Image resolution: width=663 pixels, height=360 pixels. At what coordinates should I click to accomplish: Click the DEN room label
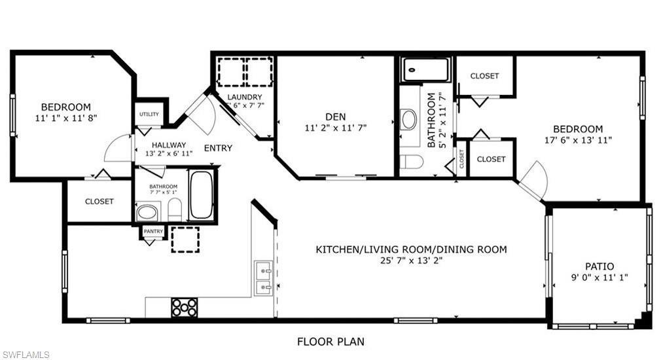click(335, 117)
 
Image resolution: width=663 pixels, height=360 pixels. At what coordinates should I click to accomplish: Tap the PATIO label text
click(599, 266)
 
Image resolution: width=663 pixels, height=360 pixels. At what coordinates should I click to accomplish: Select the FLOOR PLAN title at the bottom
click(331, 341)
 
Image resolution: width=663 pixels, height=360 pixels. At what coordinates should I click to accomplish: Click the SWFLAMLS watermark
click(26, 355)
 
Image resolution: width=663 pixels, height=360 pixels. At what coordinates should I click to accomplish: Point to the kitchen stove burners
click(184, 307)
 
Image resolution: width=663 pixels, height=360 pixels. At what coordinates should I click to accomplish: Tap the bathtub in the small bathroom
click(200, 194)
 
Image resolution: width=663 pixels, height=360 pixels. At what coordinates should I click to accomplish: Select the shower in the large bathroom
click(426, 69)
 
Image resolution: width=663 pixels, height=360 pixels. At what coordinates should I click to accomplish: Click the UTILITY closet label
click(149, 115)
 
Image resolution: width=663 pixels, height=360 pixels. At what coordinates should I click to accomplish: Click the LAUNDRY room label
click(244, 98)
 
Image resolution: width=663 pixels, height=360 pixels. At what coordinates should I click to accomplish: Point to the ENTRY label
click(218, 148)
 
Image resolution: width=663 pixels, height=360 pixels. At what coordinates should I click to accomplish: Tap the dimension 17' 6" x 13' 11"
click(577, 140)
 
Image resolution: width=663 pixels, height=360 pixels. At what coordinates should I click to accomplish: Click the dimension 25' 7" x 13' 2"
click(411, 261)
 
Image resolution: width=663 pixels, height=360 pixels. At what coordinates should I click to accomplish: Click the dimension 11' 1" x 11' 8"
click(65, 118)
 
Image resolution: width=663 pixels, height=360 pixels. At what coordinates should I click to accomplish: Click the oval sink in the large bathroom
click(409, 119)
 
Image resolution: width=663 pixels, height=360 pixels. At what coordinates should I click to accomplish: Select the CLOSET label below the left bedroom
click(99, 202)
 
